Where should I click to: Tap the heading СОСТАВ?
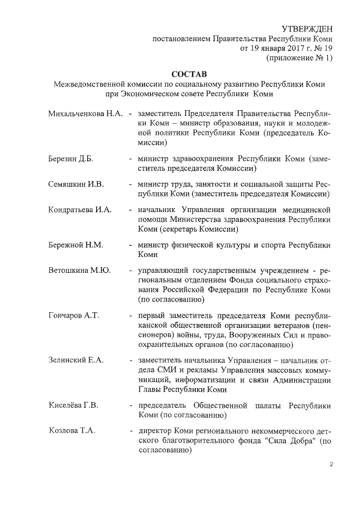pyautogui.click(x=189, y=74)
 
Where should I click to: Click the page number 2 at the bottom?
pyautogui.click(x=332, y=465)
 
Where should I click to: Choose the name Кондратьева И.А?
pyautogui.click(x=80, y=209)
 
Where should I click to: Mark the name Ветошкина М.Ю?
pyautogui.click(x=79, y=270)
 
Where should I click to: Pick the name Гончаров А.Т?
pyautogui.click(x=74, y=315)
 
